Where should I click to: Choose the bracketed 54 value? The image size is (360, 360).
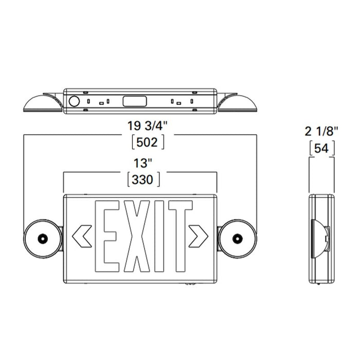tap(322, 149)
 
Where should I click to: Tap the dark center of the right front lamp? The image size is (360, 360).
tap(237, 238)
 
